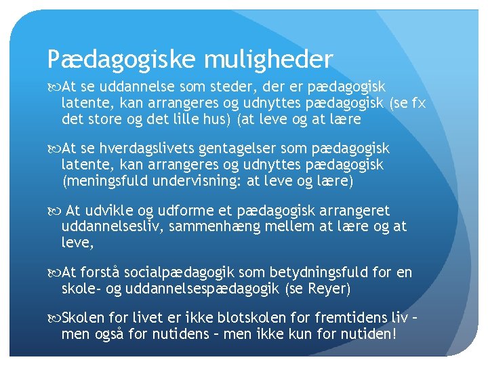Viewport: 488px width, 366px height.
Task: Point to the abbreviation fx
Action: pyautogui.click(x=418, y=104)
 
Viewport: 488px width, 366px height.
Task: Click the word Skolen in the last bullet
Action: pyautogui.click(x=83, y=318)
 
